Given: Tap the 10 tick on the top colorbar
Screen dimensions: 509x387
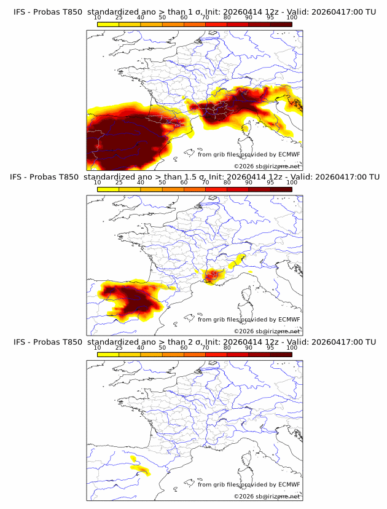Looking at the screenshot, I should pos(98,18).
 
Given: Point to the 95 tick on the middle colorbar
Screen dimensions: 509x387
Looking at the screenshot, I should pos(270,183).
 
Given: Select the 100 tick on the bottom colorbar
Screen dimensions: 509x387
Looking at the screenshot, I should pos(292,347).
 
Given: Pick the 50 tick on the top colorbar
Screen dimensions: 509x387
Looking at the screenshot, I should pos(162,18).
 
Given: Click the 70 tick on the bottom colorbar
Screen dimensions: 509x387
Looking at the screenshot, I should pos(206,347).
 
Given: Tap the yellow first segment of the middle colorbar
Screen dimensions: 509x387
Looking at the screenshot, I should pos(108,190).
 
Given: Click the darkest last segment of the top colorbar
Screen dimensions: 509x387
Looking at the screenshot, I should pos(281,25).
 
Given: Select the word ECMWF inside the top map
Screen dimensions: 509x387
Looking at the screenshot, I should pos(289,155).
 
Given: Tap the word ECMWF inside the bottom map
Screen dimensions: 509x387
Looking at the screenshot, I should pos(289,484).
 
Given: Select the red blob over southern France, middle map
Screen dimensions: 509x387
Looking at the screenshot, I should pos(213,276).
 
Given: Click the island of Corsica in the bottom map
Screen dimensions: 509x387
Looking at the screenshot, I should pos(248,465).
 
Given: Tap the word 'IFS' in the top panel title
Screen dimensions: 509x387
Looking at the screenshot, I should pos(20,12).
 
